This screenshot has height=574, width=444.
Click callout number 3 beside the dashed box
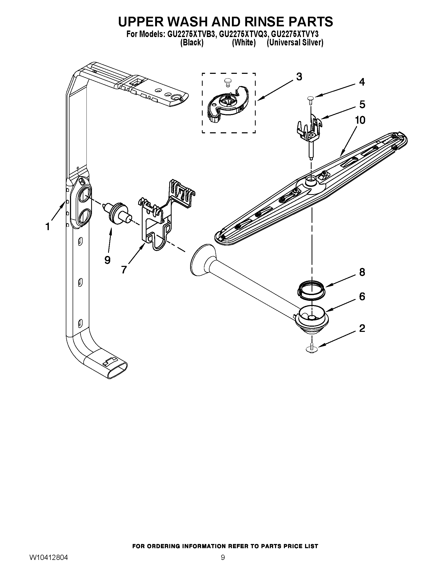[x=299, y=77]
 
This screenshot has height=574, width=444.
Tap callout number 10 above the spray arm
[x=360, y=120]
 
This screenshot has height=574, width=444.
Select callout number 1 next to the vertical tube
[x=48, y=226]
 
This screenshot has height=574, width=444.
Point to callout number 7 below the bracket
[x=124, y=270]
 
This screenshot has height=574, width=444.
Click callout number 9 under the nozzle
[x=107, y=260]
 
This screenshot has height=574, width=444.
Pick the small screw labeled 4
[x=311, y=99]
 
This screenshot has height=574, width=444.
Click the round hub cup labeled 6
[x=312, y=316]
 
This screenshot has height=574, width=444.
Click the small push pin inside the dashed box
[x=226, y=82]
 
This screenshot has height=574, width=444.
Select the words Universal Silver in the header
[x=295, y=43]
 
